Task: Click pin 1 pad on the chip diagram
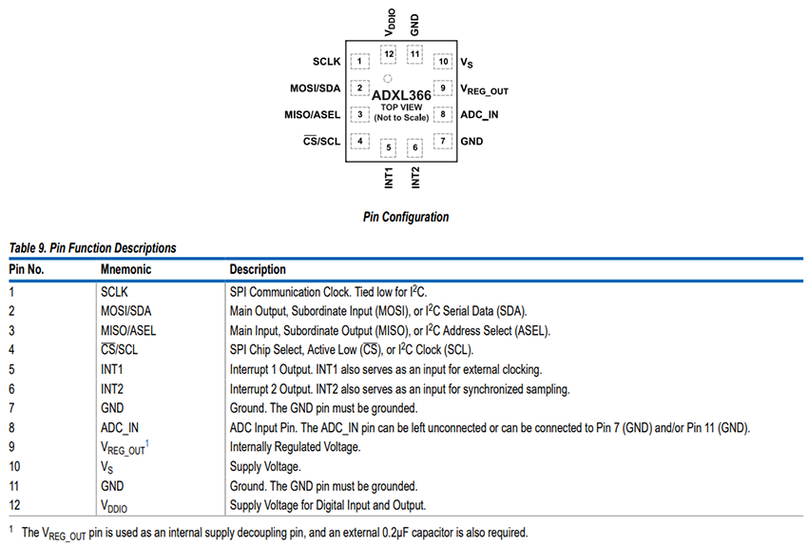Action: pos(359,62)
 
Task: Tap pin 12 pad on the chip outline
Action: pos(390,53)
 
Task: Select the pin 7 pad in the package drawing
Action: pos(442,142)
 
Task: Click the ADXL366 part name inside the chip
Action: pos(401,95)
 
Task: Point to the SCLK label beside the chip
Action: pos(326,63)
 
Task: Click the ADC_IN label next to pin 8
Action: pos(479,115)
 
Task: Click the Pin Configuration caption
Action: pos(406,217)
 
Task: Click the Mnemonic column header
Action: pos(125,269)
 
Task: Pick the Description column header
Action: pos(258,269)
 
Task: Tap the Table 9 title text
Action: pos(92,248)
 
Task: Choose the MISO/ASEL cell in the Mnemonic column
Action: pos(128,331)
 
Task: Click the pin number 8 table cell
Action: pos(12,428)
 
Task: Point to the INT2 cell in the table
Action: pos(113,389)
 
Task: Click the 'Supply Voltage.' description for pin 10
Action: pos(265,467)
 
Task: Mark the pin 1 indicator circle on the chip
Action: pos(386,78)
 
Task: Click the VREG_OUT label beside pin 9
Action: pos(485,90)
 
